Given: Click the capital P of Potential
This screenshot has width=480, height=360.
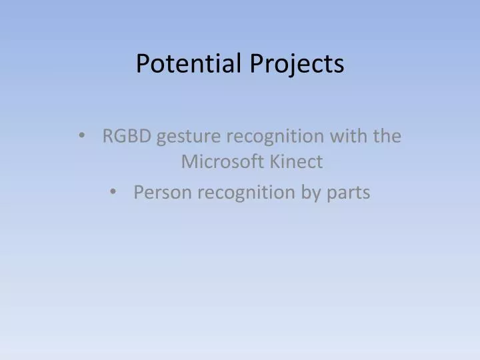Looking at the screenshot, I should pyautogui.click(x=143, y=63).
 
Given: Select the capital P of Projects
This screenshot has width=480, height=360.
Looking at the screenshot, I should pyautogui.click(x=258, y=63).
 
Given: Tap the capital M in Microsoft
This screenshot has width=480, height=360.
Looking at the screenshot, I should pyautogui.click(x=189, y=161).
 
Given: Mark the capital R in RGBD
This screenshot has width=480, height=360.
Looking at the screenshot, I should pyautogui.click(x=107, y=137).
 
